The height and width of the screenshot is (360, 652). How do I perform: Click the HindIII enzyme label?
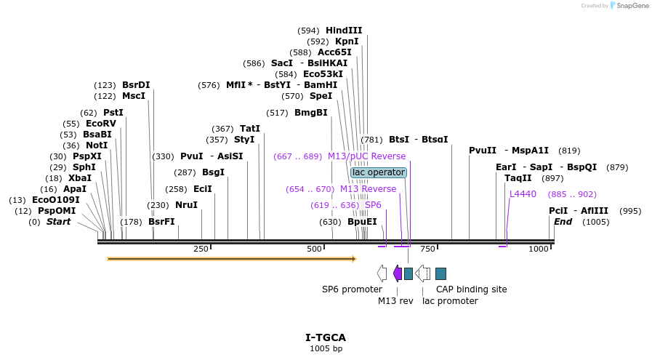pyautogui.click(x=344, y=31)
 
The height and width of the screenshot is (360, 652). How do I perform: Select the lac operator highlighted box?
pyautogui.click(x=378, y=172)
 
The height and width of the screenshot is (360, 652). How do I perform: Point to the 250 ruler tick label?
pyautogui.click(x=201, y=249)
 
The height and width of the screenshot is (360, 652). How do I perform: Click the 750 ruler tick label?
pyautogui.click(x=427, y=249)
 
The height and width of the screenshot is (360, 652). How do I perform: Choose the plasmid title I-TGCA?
pyautogui.click(x=326, y=337)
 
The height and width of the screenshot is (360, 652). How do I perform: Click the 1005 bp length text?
pyautogui.click(x=326, y=349)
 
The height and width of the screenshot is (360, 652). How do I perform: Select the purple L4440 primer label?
pyautogui.click(x=523, y=194)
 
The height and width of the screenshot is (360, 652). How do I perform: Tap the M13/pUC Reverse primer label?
pyautogui.click(x=366, y=156)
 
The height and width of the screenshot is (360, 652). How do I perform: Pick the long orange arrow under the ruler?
pyautogui.click(x=231, y=258)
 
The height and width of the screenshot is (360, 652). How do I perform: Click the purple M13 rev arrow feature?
pyautogui.click(x=397, y=273)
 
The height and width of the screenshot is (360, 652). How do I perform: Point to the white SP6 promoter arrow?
pyautogui.click(x=382, y=273)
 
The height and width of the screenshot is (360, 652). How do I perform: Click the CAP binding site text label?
pyautogui.click(x=471, y=289)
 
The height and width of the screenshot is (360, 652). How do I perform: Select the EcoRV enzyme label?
pyautogui.click(x=100, y=124)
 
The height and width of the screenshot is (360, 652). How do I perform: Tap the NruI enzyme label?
pyautogui.click(x=186, y=205)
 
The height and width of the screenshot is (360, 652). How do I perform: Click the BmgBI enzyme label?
pyautogui.click(x=310, y=113)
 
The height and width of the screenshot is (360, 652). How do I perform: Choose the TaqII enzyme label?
pyautogui.click(x=518, y=178)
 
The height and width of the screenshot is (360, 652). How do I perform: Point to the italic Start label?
pyautogui.click(x=58, y=222)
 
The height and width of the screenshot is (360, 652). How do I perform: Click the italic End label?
pyautogui.click(x=563, y=222)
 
